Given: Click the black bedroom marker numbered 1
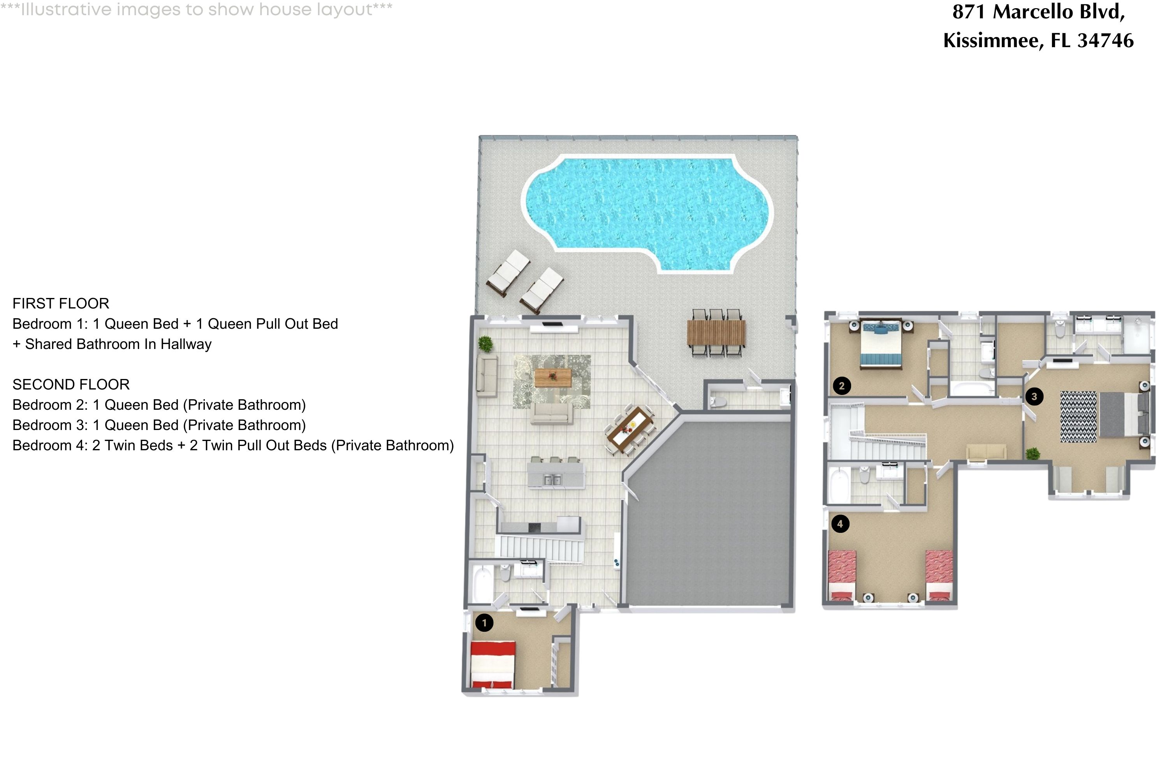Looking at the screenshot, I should click(484, 622).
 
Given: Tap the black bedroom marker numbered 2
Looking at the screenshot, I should click(841, 386).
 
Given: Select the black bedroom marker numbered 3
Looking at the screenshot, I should click(1034, 397).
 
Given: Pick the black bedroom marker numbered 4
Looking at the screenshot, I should click(840, 523).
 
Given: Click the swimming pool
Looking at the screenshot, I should click(646, 209).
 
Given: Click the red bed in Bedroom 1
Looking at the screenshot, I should click(493, 664).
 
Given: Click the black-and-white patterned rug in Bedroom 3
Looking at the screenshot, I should click(1078, 417).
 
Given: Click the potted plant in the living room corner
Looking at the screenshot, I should click(485, 343).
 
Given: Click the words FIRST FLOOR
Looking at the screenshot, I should click(61, 303).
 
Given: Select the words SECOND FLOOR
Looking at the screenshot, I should click(71, 384).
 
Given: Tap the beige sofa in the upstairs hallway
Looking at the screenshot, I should click(986, 452).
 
